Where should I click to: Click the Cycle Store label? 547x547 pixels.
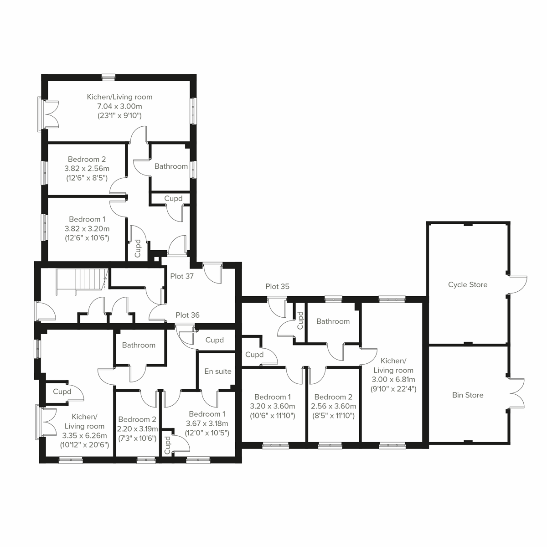[x=467, y=284]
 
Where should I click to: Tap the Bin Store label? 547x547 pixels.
[x=468, y=395]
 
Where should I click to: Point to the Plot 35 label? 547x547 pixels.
[x=278, y=287]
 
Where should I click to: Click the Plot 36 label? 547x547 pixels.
[x=187, y=315]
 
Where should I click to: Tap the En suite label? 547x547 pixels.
[x=217, y=372]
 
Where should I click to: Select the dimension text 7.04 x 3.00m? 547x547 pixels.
[x=119, y=106]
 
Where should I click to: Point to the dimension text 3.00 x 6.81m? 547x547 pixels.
[x=393, y=380]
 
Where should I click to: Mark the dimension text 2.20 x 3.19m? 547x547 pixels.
[x=138, y=429]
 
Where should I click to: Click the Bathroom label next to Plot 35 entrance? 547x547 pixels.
[x=333, y=321]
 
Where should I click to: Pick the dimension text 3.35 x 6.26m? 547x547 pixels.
[x=84, y=436]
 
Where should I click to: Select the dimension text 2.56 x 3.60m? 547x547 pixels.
[x=333, y=406]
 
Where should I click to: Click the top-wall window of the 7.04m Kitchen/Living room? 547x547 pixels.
[x=108, y=77]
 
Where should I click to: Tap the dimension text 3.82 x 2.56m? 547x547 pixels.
[x=87, y=169]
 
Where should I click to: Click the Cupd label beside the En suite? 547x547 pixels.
[x=214, y=340]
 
